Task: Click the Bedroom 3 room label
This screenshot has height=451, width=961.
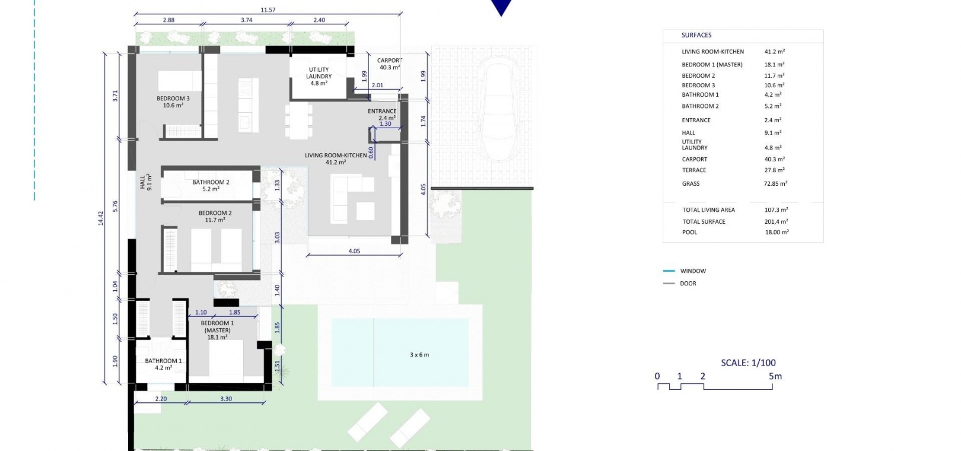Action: (173, 101)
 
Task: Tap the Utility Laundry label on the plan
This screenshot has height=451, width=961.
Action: (319, 77)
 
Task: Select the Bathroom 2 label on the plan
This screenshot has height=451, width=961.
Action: (211, 185)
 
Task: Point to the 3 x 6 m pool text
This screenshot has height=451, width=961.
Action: (419, 355)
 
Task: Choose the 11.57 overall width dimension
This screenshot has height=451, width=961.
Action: (268, 10)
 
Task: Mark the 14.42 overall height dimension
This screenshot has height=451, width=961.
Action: (101, 218)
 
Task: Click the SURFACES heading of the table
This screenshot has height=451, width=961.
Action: (696, 35)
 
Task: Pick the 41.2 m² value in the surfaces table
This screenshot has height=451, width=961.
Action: (774, 52)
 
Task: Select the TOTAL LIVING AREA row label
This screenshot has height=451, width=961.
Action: (709, 210)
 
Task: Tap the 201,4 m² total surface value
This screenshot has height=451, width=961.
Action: (776, 221)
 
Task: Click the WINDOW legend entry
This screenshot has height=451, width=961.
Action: (693, 271)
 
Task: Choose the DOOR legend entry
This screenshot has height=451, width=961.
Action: (688, 283)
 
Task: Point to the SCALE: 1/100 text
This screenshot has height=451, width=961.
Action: (748, 363)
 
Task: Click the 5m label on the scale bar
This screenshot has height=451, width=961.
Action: (775, 376)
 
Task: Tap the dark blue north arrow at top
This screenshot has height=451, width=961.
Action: (501, 6)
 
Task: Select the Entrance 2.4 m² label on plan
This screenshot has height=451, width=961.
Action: (382, 115)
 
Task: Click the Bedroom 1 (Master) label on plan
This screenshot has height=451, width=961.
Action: (218, 330)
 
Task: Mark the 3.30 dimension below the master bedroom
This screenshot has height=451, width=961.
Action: (226, 399)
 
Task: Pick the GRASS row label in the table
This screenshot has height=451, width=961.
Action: (690, 183)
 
